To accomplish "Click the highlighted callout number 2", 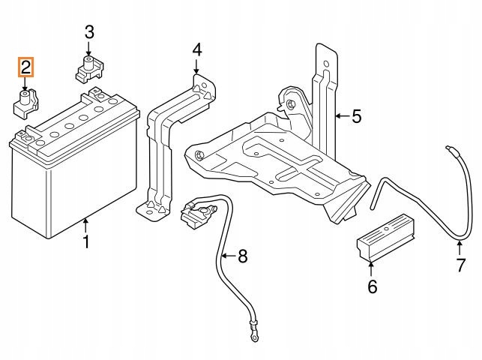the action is pyautogui.click(x=25, y=67).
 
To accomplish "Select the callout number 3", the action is pyautogui.click(x=89, y=32).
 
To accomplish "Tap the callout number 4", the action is pyautogui.click(x=197, y=49).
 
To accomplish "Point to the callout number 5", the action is pyautogui.click(x=357, y=116).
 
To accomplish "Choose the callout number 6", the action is pyautogui.click(x=373, y=286).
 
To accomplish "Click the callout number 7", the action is pyautogui.click(x=460, y=265).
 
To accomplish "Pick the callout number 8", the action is pyautogui.click(x=243, y=256).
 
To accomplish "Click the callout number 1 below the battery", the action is pyautogui.click(x=86, y=241).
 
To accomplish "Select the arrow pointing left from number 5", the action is pyautogui.click(x=342, y=116).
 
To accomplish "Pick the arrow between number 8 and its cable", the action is pyautogui.click(x=229, y=256).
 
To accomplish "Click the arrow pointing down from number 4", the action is pyautogui.click(x=196, y=67).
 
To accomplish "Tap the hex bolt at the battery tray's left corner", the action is pyautogui.click(x=199, y=154).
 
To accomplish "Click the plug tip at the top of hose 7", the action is pyautogui.click(x=449, y=148).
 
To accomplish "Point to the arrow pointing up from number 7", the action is pyautogui.click(x=460, y=248).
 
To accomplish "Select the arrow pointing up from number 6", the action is pyautogui.click(x=371, y=268).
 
